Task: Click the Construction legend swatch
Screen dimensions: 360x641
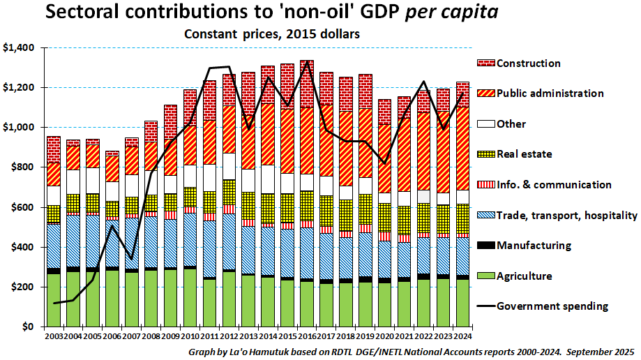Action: click(x=485, y=63)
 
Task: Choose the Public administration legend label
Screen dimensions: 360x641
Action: click(x=550, y=93)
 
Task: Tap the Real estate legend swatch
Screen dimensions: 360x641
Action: click(x=485, y=154)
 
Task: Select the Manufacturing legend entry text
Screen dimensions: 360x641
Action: click(x=534, y=246)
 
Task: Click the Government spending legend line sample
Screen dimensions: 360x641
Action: click(x=485, y=306)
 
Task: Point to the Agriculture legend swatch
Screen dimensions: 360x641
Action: click(x=485, y=276)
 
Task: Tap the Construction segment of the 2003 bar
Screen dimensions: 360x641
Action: click(x=54, y=149)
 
